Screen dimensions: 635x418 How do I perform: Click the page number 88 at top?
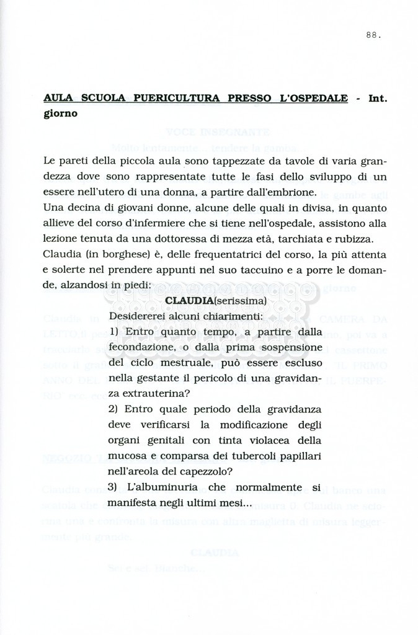coord(373,35)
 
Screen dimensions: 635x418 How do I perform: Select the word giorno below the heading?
coord(60,114)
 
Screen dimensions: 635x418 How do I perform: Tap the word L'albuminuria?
coord(160,487)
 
